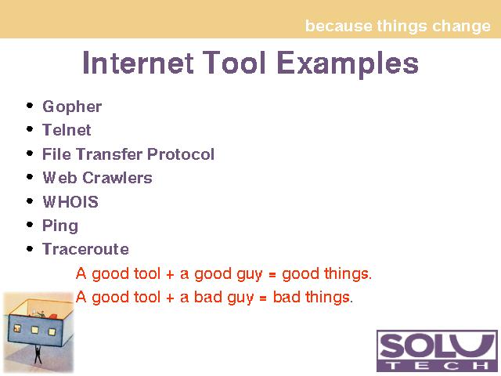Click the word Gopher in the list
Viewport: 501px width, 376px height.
[72, 107]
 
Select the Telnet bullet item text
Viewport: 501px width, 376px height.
[67, 130]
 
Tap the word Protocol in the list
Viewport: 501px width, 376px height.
[181, 154]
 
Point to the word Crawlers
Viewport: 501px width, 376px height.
[117, 178]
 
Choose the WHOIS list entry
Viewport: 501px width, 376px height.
[70, 202]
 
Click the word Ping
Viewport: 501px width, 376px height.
[60, 226]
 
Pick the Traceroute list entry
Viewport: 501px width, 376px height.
[85, 249]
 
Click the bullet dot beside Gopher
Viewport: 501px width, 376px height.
[30, 106]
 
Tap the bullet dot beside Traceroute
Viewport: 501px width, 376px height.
[30, 248]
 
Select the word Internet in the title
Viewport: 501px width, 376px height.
[138, 63]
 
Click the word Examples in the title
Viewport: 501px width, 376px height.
[348, 63]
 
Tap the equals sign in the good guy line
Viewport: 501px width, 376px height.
[272, 275]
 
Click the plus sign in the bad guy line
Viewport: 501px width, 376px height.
[170, 298]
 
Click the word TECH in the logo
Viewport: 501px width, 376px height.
[437, 366]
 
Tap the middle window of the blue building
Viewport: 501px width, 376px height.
[34, 330]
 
